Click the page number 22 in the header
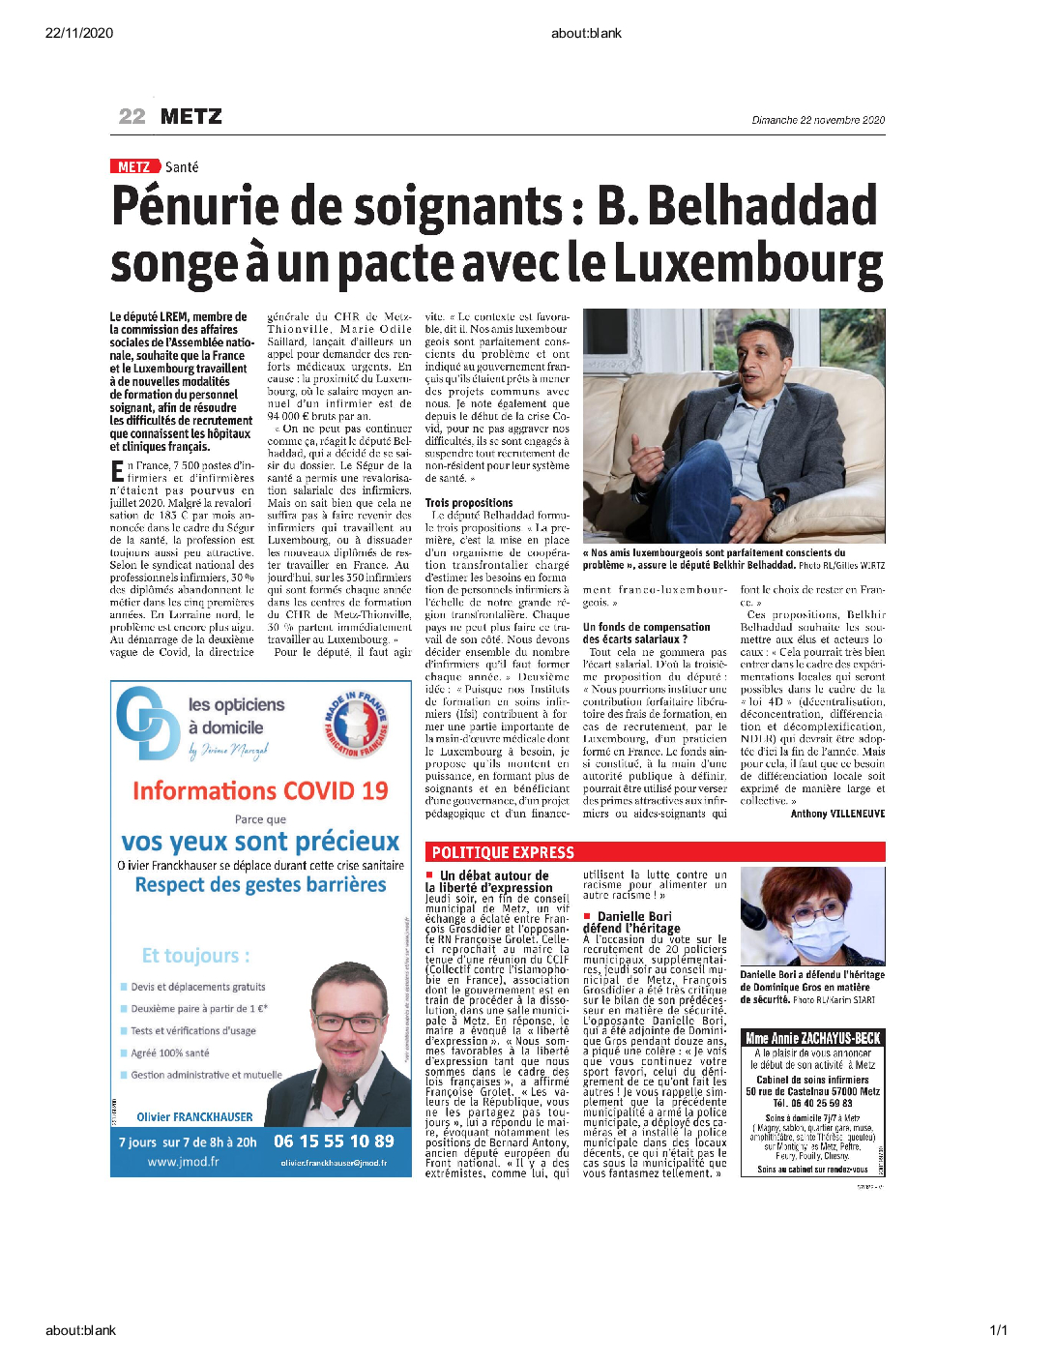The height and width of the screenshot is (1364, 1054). pos(132,117)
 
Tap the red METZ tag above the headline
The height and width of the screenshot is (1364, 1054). pos(133,167)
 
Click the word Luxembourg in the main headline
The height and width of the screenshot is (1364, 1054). pos(748,264)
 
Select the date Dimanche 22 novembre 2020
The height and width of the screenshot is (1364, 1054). pos(818,120)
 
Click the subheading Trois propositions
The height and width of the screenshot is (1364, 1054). pos(469,503)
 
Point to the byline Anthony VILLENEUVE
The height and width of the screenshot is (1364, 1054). pos(837,814)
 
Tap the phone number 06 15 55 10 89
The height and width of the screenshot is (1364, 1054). pos(334,1142)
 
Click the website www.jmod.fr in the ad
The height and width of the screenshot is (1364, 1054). pos(183,1162)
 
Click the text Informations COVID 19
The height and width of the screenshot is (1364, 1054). pos(260,791)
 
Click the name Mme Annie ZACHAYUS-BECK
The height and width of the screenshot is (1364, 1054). pos(812,1038)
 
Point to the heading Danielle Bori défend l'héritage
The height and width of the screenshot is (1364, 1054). pos(633,922)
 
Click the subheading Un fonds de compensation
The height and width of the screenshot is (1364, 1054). pos(646,627)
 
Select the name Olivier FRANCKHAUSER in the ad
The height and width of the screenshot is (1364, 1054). pos(194,1116)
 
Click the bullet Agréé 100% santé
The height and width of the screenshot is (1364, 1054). pos(170,1053)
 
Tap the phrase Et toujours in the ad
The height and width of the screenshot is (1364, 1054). pos(195,956)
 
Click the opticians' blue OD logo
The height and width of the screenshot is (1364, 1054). pos(147,722)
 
